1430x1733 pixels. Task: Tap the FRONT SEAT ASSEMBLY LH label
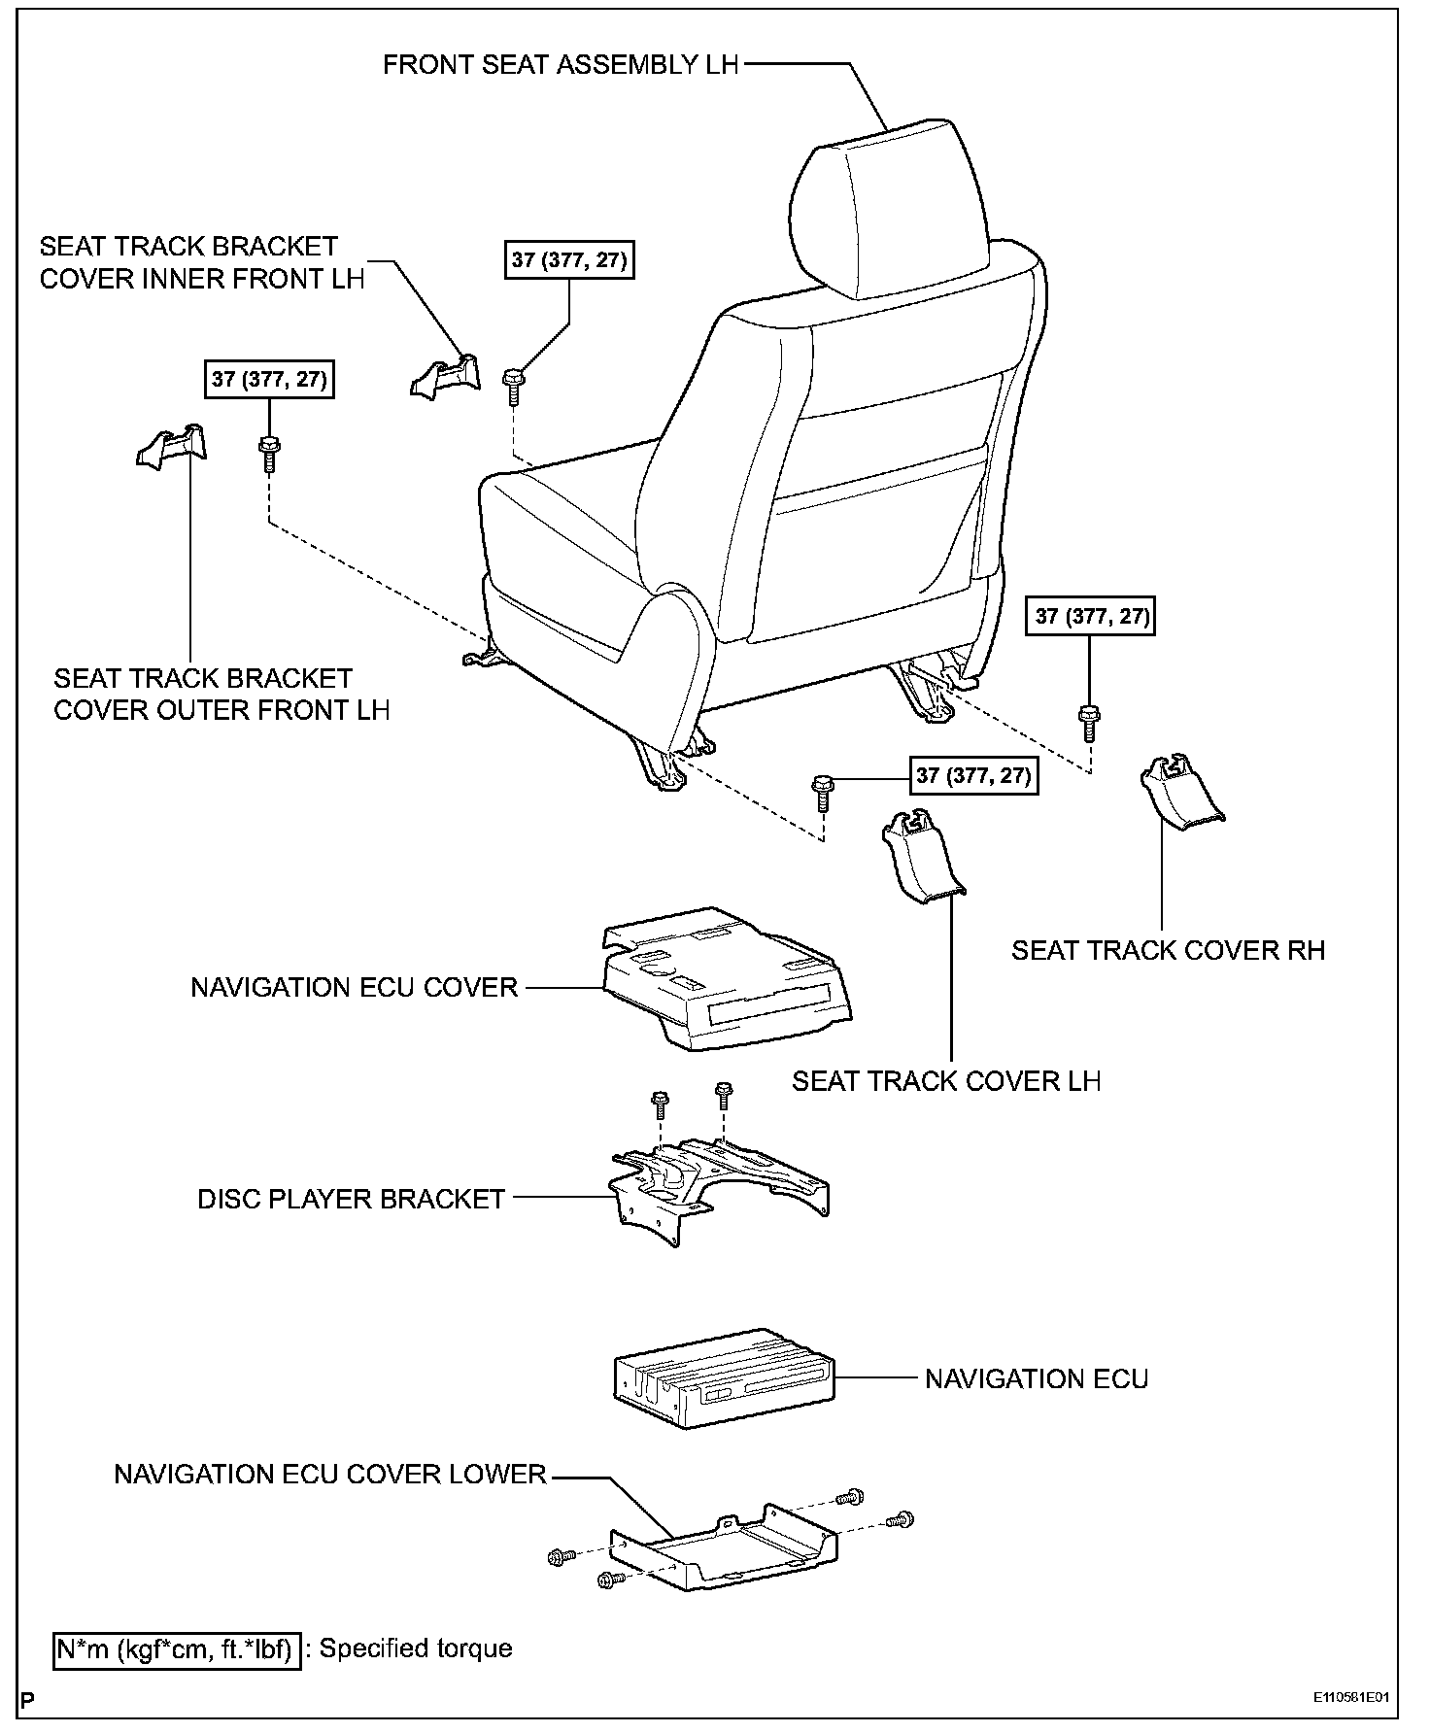click(x=561, y=65)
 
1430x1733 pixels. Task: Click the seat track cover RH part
click(x=1180, y=792)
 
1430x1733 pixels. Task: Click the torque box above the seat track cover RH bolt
click(x=1090, y=616)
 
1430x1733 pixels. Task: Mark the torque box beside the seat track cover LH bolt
click(x=972, y=775)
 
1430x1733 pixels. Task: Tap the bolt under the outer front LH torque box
click(x=269, y=452)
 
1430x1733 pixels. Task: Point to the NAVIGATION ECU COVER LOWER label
click(x=330, y=1475)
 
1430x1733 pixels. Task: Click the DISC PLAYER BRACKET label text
click(x=352, y=1199)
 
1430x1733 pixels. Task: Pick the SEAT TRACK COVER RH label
click(x=1168, y=949)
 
